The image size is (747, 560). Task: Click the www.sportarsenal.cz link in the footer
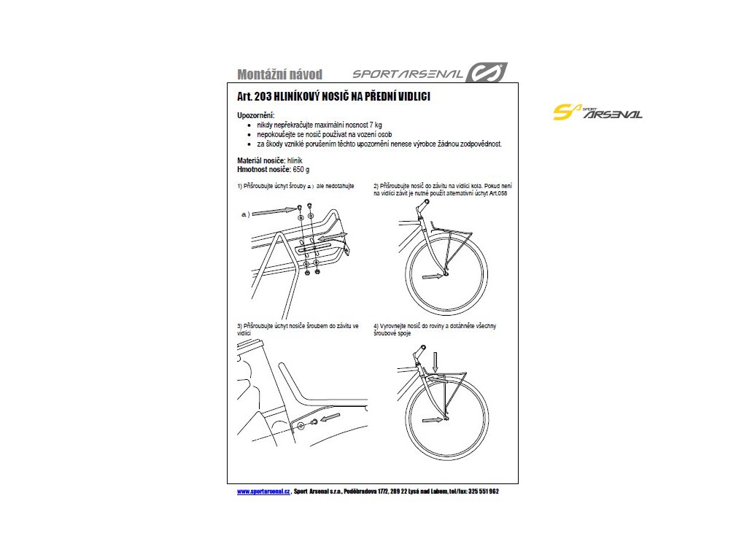(263, 491)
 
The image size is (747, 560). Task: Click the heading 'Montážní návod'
(279, 74)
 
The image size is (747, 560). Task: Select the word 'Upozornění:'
(256, 116)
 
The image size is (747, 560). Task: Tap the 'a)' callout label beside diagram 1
(245, 215)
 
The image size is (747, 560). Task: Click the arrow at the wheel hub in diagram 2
(431, 276)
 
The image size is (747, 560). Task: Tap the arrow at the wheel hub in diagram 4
(432, 419)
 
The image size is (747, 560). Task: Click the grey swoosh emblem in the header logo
(487, 73)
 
